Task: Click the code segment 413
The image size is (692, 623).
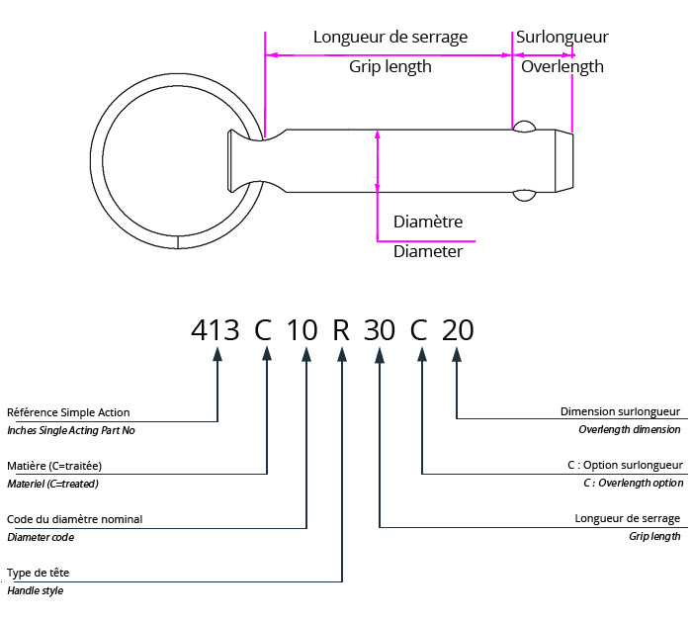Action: [215, 329]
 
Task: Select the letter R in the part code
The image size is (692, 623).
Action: [341, 329]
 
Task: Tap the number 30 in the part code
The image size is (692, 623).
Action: [380, 329]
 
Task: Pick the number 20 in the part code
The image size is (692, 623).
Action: [458, 329]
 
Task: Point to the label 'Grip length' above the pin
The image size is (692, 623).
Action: [390, 67]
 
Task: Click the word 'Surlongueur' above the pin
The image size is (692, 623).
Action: [562, 37]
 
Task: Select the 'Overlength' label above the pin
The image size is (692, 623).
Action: [562, 67]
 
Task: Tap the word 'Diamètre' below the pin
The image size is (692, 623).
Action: [428, 222]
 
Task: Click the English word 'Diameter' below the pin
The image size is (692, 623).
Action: [428, 251]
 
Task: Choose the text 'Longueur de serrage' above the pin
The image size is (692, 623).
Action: [390, 37]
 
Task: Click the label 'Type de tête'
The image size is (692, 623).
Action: [39, 573]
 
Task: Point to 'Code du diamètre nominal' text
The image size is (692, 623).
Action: [74, 519]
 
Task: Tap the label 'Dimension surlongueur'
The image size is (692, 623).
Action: [620, 411]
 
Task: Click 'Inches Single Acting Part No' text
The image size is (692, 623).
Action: [70, 430]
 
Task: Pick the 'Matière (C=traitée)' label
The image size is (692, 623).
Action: [54, 466]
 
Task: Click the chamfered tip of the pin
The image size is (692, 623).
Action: [562, 159]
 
